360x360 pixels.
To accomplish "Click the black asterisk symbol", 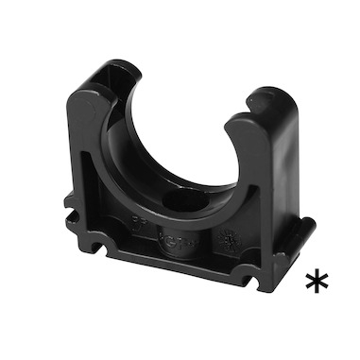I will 317,282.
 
